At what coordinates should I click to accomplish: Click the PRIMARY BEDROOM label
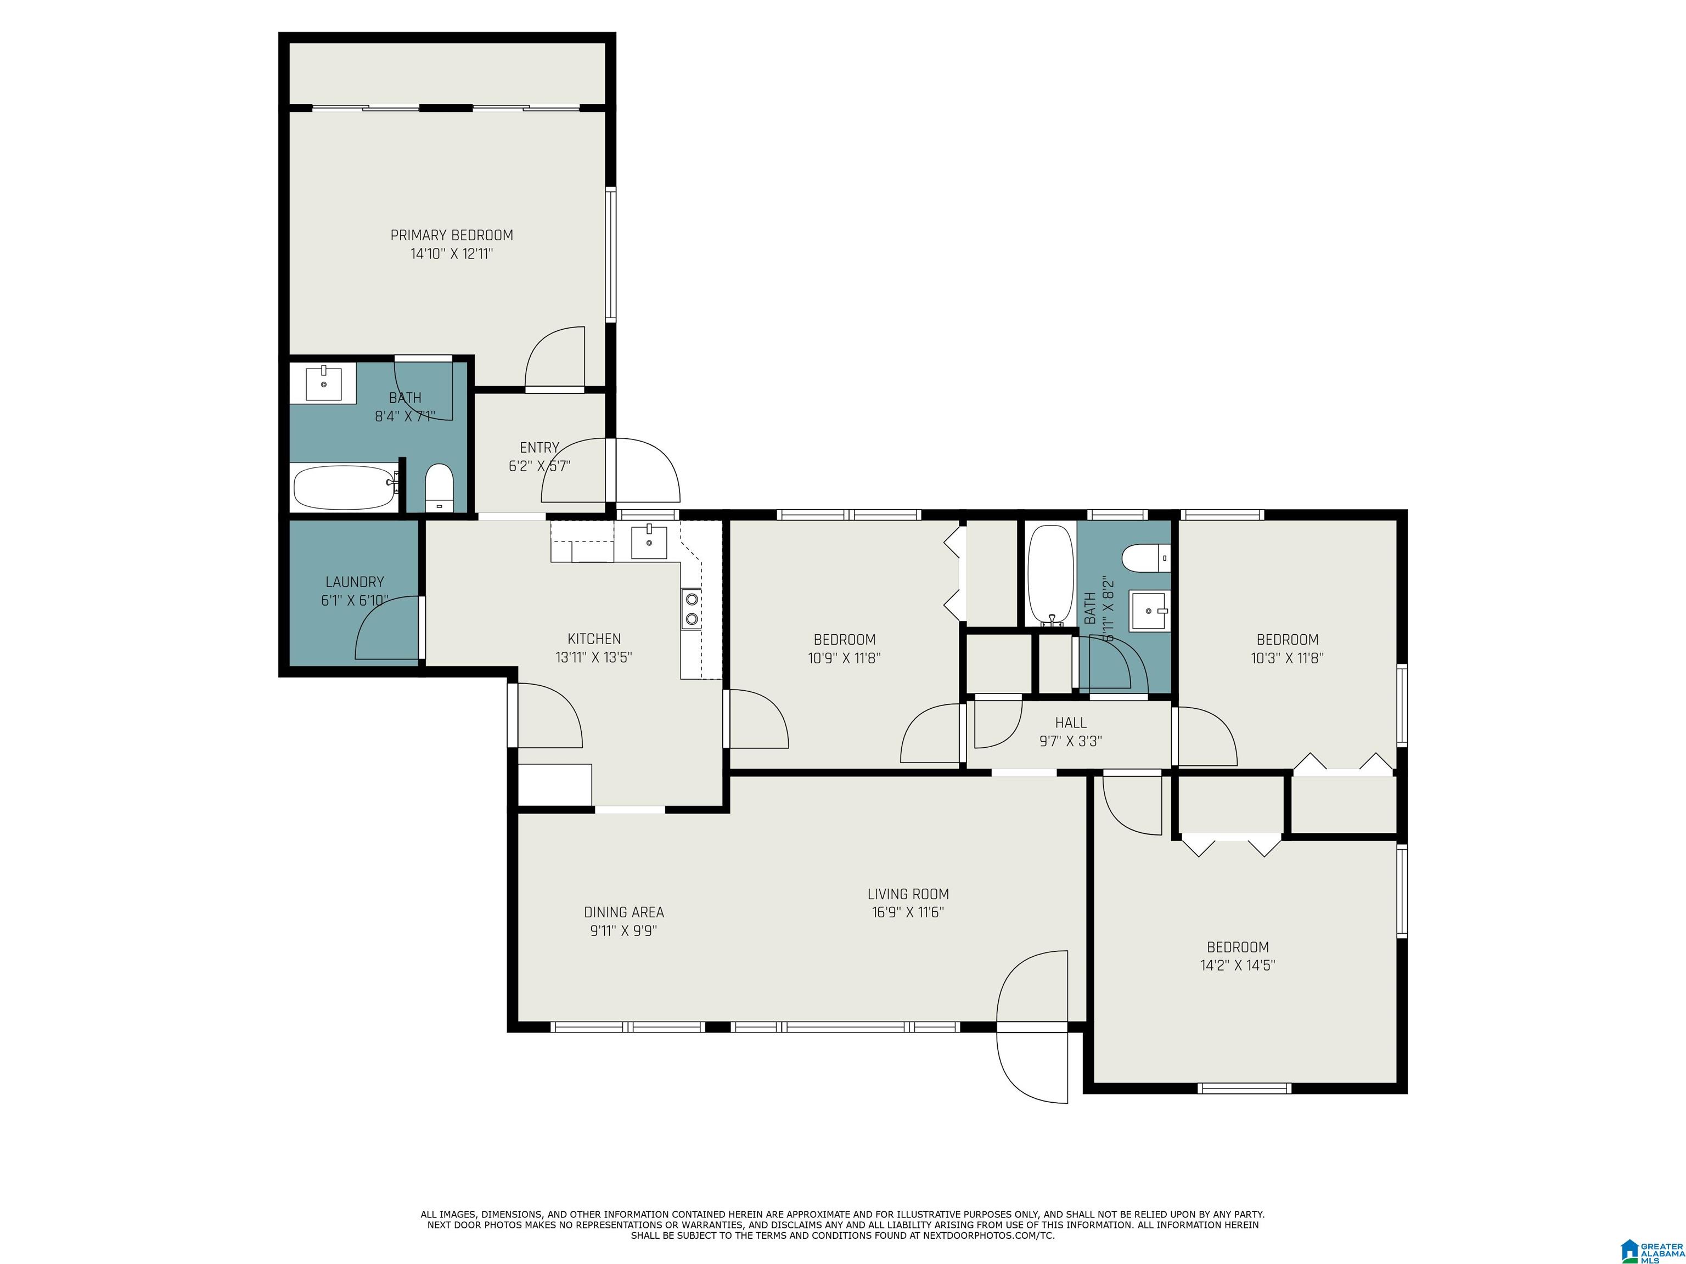tap(452, 235)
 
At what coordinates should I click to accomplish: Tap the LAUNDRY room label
tap(355, 582)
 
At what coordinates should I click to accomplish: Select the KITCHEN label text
tap(594, 639)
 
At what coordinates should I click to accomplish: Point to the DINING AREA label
tap(623, 912)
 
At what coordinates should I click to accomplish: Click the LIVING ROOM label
tap(908, 894)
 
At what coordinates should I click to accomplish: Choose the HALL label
tap(1071, 723)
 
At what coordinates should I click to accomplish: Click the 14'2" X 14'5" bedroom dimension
tap(1238, 966)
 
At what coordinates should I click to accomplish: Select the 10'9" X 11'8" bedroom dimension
tap(845, 658)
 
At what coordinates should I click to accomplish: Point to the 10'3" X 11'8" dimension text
tap(1288, 658)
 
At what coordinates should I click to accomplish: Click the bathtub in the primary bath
tap(345, 488)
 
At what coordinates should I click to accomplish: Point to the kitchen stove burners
tap(692, 609)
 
